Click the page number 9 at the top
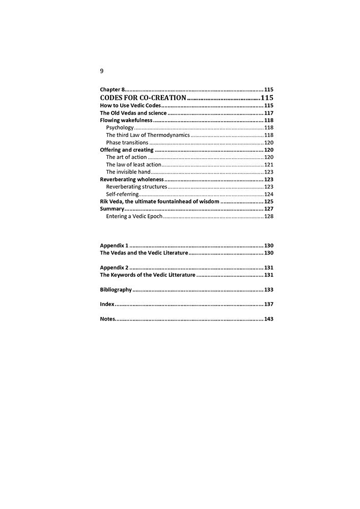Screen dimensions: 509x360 point(102,71)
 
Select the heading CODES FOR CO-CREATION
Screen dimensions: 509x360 point(143,97)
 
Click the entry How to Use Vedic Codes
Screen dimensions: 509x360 point(130,105)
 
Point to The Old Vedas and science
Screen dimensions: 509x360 point(133,113)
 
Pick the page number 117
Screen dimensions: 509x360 point(269,113)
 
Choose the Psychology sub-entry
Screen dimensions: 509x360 point(120,128)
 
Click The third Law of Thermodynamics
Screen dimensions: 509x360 point(148,135)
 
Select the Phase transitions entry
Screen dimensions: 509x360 point(127,143)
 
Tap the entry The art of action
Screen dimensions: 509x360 point(126,157)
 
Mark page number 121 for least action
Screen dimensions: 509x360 point(269,165)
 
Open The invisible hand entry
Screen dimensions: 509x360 point(128,172)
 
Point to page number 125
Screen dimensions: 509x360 point(269,202)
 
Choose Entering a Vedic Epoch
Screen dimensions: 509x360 point(134,216)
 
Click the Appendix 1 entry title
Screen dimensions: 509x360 point(114,245)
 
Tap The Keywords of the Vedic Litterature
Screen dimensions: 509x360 point(148,275)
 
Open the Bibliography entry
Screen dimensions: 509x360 point(116,290)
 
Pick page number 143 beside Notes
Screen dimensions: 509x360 point(269,319)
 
